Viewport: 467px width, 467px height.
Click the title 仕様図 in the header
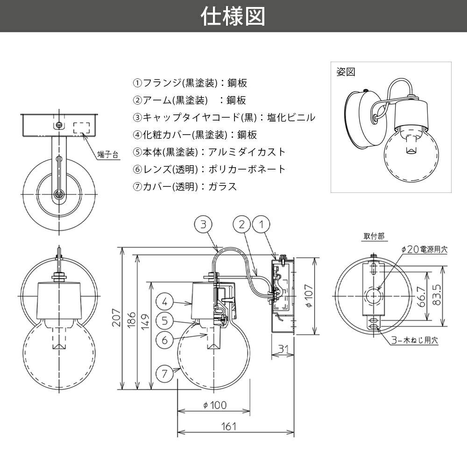point(233,16)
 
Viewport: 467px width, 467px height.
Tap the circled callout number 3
point(204,225)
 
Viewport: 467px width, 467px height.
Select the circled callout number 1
point(261,225)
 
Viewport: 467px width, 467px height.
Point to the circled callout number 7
point(164,373)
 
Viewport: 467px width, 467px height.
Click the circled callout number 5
point(164,321)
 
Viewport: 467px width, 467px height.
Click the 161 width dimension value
point(228,426)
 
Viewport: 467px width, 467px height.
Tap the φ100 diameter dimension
point(215,405)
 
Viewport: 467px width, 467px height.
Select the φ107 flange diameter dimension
point(306,295)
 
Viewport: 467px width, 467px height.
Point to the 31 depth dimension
point(283,348)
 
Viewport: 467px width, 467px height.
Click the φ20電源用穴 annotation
point(424,250)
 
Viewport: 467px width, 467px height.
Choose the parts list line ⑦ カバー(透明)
point(185,186)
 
